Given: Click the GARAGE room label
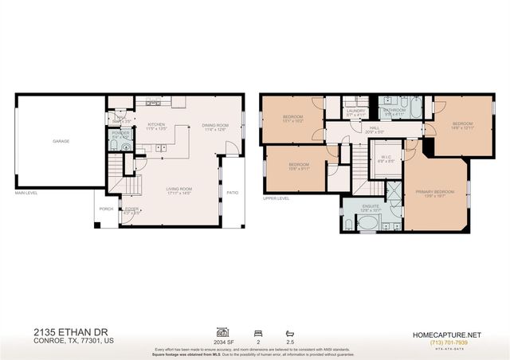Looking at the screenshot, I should (x=60, y=140).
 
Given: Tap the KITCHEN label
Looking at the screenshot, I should (x=155, y=125).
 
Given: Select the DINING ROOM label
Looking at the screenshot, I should (x=214, y=125).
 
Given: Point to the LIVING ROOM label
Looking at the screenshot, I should (x=179, y=189).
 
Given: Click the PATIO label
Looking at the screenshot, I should (x=232, y=192).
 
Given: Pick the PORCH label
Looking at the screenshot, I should (x=106, y=209).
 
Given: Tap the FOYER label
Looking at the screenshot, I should (x=131, y=209).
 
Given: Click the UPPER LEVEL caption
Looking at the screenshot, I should (x=276, y=198).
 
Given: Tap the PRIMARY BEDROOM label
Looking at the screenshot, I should (x=435, y=192).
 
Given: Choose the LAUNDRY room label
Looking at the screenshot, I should (x=355, y=111).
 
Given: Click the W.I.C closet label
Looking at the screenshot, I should (x=384, y=157).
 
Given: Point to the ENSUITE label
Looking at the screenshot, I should (x=371, y=205).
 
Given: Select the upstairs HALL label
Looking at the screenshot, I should (x=375, y=127).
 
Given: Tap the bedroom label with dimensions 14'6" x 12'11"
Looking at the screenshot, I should (x=462, y=123).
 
